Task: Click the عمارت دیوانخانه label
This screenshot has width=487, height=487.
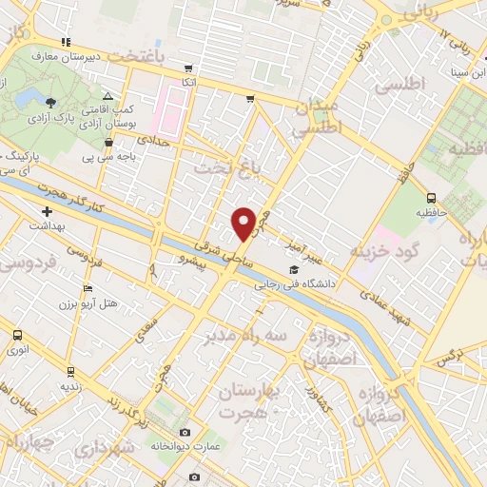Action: pyautogui.click(x=186, y=444)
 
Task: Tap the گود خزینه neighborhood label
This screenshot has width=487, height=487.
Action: pyautogui.click(x=384, y=251)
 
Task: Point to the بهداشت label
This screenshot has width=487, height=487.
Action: pyautogui.click(x=45, y=225)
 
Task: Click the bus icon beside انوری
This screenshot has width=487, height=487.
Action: pyautogui.click(x=17, y=335)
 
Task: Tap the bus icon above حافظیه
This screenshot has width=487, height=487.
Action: pyautogui.click(x=432, y=199)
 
